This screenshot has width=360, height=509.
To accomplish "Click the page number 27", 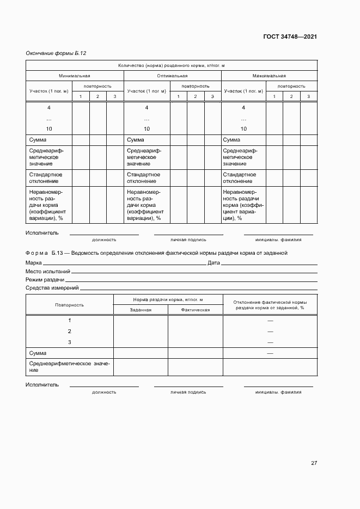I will [314, 463].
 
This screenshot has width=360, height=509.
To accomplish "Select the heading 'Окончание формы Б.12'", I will [56, 53].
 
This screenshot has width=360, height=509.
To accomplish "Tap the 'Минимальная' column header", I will [75, 76].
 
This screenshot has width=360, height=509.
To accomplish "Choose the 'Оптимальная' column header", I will [172, 76].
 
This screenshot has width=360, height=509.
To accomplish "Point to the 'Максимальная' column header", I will [269, 76].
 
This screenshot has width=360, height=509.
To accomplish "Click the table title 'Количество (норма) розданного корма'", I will [172, 66].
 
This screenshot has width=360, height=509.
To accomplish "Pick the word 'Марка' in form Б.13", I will [33, 263].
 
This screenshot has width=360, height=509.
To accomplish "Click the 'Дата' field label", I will [213, 263].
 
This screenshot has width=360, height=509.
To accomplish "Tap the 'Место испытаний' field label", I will [48, 271].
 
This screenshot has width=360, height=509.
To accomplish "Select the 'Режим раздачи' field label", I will [45, 279].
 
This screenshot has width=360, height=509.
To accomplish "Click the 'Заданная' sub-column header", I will [141, 309].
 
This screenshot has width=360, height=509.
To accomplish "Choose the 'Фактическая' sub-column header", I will [196, 309].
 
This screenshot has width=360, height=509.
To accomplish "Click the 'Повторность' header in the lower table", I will [69, 305].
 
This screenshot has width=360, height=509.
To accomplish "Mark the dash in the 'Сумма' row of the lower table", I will [270, 353].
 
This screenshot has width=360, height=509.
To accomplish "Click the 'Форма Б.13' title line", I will [156, 253].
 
